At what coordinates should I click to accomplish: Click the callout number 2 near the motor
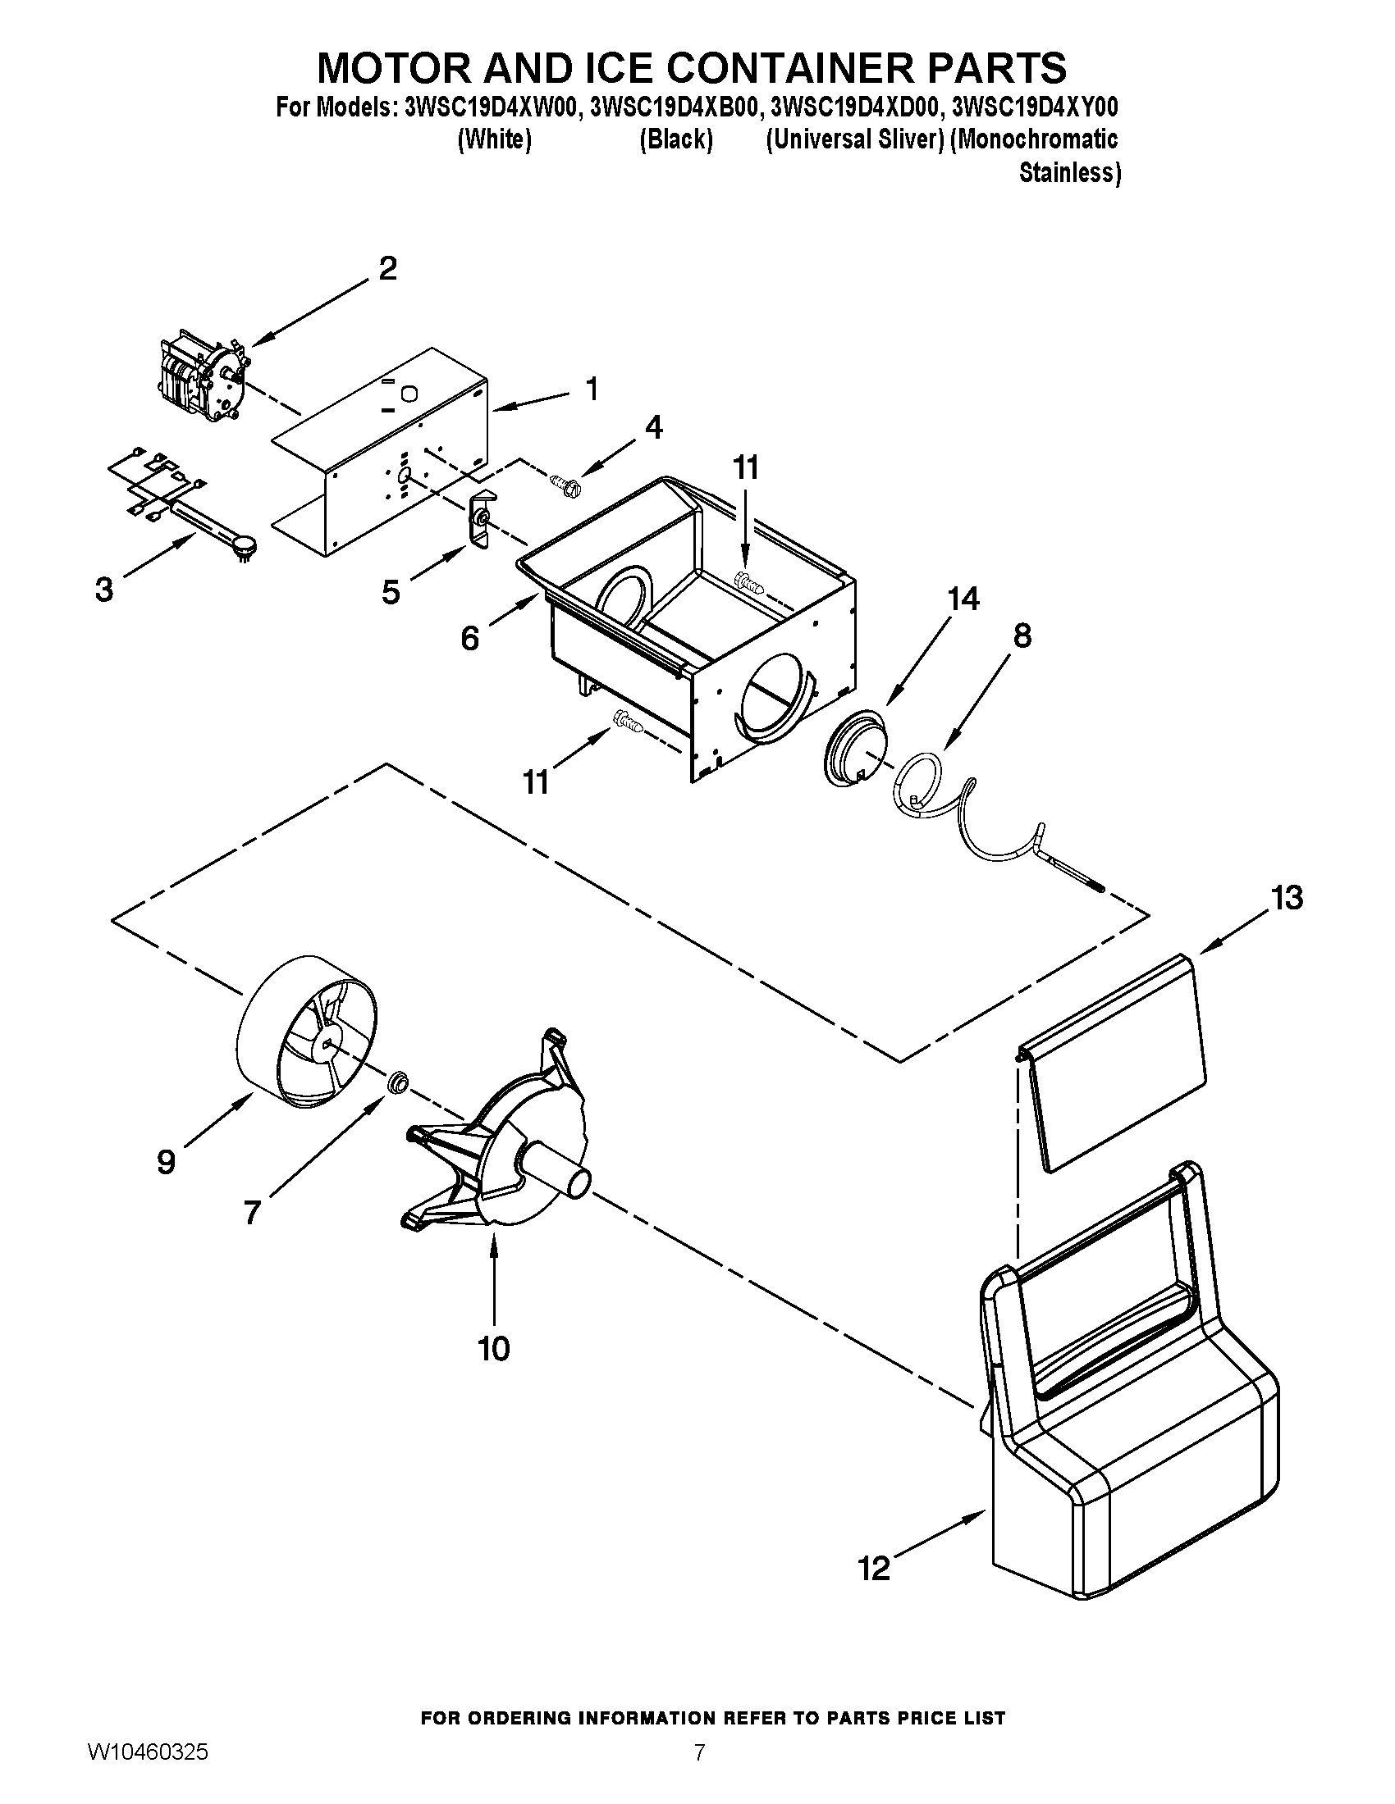[x=387, y=269]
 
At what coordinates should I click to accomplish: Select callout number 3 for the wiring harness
[x=104, y=590]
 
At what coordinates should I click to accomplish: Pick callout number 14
[x=963, y=599]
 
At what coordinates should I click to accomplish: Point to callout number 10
[x=494, y=1349]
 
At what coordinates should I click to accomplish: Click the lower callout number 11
[x=537, y=781]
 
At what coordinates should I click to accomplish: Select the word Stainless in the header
[x=1068, y=174]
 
